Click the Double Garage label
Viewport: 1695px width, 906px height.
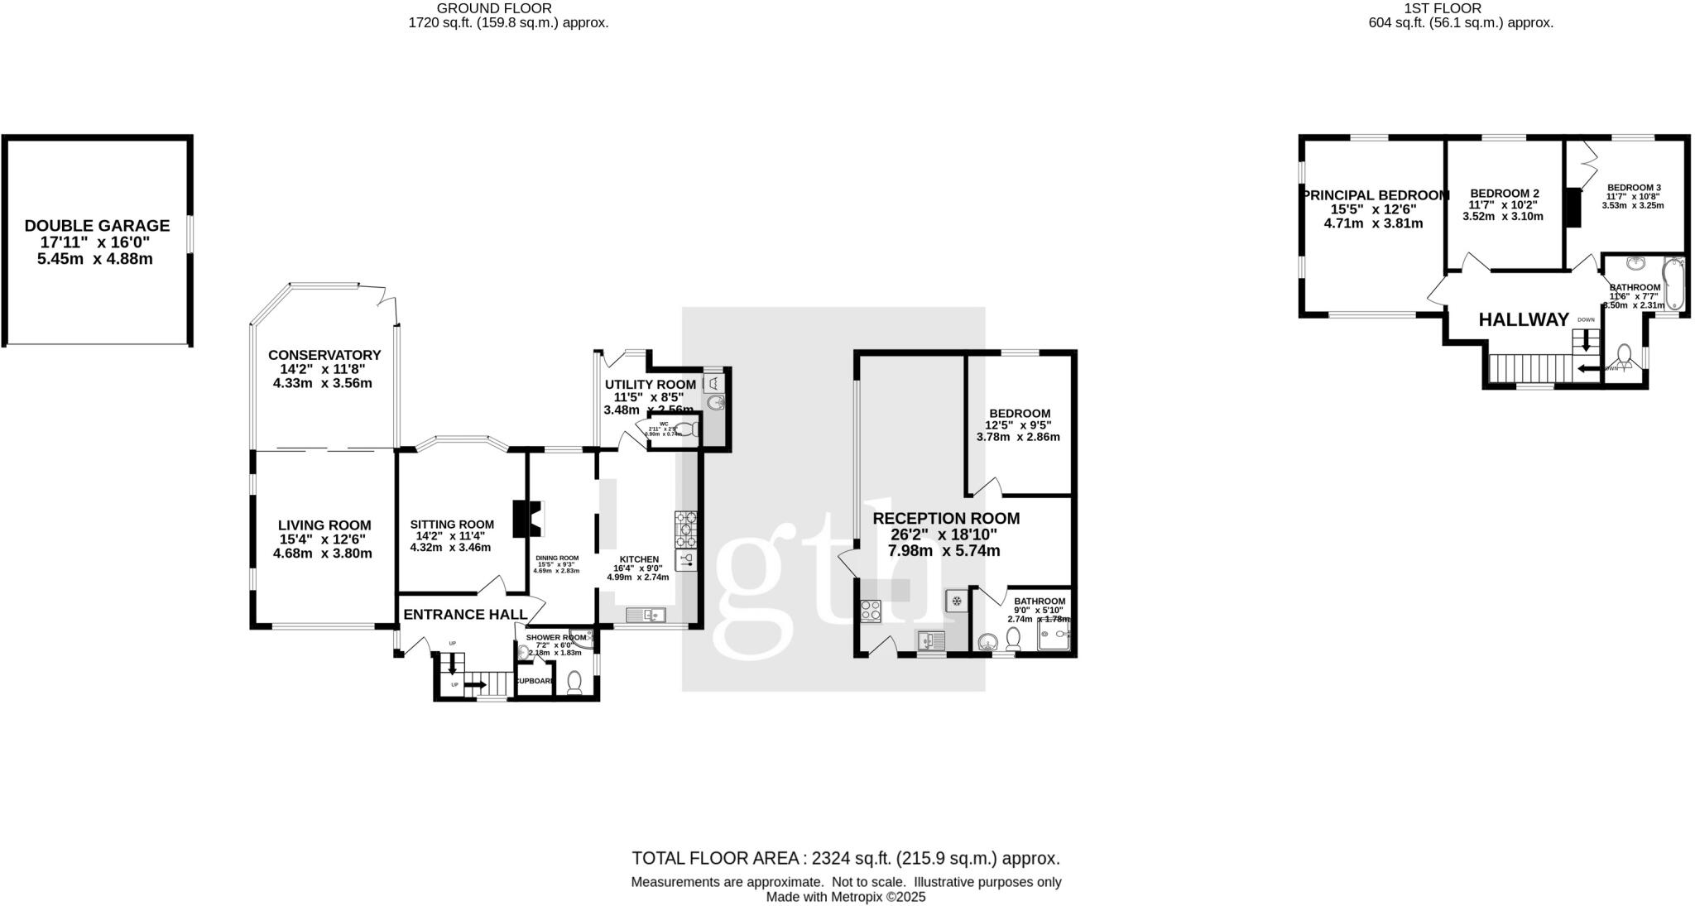click(97, 225)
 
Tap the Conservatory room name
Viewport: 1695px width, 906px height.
click(324, 355)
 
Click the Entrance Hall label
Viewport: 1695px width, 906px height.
click(465, 614)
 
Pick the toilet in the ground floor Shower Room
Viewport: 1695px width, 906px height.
click(574, 682)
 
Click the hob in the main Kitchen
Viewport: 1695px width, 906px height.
click(686, 529)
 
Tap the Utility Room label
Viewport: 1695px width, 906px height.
click(650, 384)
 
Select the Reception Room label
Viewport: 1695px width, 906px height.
click(946, 518)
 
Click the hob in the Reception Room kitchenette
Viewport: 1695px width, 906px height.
click(871, 611)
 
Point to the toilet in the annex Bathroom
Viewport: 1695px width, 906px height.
click(1013, 638)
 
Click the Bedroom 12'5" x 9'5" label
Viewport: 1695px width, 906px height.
click(1020, 413)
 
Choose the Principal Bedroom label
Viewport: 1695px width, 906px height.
click(1375, 195)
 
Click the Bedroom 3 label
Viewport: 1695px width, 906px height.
click(1627, 188)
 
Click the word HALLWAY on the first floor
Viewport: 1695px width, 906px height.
click(1524, 319)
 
